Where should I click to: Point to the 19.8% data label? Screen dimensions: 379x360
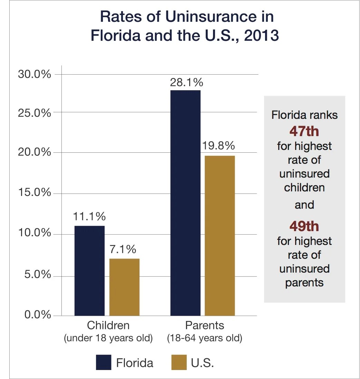218,146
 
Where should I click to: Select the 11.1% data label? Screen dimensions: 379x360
89,217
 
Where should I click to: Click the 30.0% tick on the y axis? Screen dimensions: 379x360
34,74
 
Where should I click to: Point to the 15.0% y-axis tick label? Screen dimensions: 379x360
34,193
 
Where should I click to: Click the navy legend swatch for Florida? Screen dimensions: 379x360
104,362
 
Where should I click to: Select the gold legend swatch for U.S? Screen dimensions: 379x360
179,362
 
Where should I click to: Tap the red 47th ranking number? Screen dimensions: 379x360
304,131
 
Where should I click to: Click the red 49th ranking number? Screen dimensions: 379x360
304,226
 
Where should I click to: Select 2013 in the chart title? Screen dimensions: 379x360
261,36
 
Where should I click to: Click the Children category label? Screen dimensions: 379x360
108,325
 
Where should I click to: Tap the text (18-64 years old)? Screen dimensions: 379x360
205,338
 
